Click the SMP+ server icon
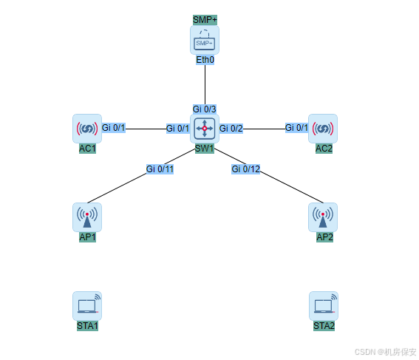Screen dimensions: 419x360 click(205, 40)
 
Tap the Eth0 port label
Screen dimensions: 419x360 click(205, 60)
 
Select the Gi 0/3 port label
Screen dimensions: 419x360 click(205, 109)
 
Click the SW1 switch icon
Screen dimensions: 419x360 click(205, 129)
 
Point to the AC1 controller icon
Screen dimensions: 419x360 click(87, 129)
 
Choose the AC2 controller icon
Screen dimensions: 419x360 click(323, 129)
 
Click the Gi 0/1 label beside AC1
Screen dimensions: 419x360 click(114, 128)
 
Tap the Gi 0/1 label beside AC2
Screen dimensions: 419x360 click(296, 128)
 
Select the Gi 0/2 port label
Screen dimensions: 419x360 click(231, 129)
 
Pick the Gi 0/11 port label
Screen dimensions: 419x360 click(160, 169)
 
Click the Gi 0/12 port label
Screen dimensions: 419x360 click(246, 169)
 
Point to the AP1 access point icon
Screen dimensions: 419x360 click(87, 217)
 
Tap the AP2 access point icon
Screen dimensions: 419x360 click(323, 217)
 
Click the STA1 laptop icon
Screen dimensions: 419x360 click(87, 306)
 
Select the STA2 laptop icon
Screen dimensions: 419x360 click(324, 306)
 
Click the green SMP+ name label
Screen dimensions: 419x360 click(205, 20)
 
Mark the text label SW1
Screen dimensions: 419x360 click(205, 149)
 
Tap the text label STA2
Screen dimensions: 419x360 click(324, 326)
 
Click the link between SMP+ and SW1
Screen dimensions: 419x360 click(205, 84)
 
